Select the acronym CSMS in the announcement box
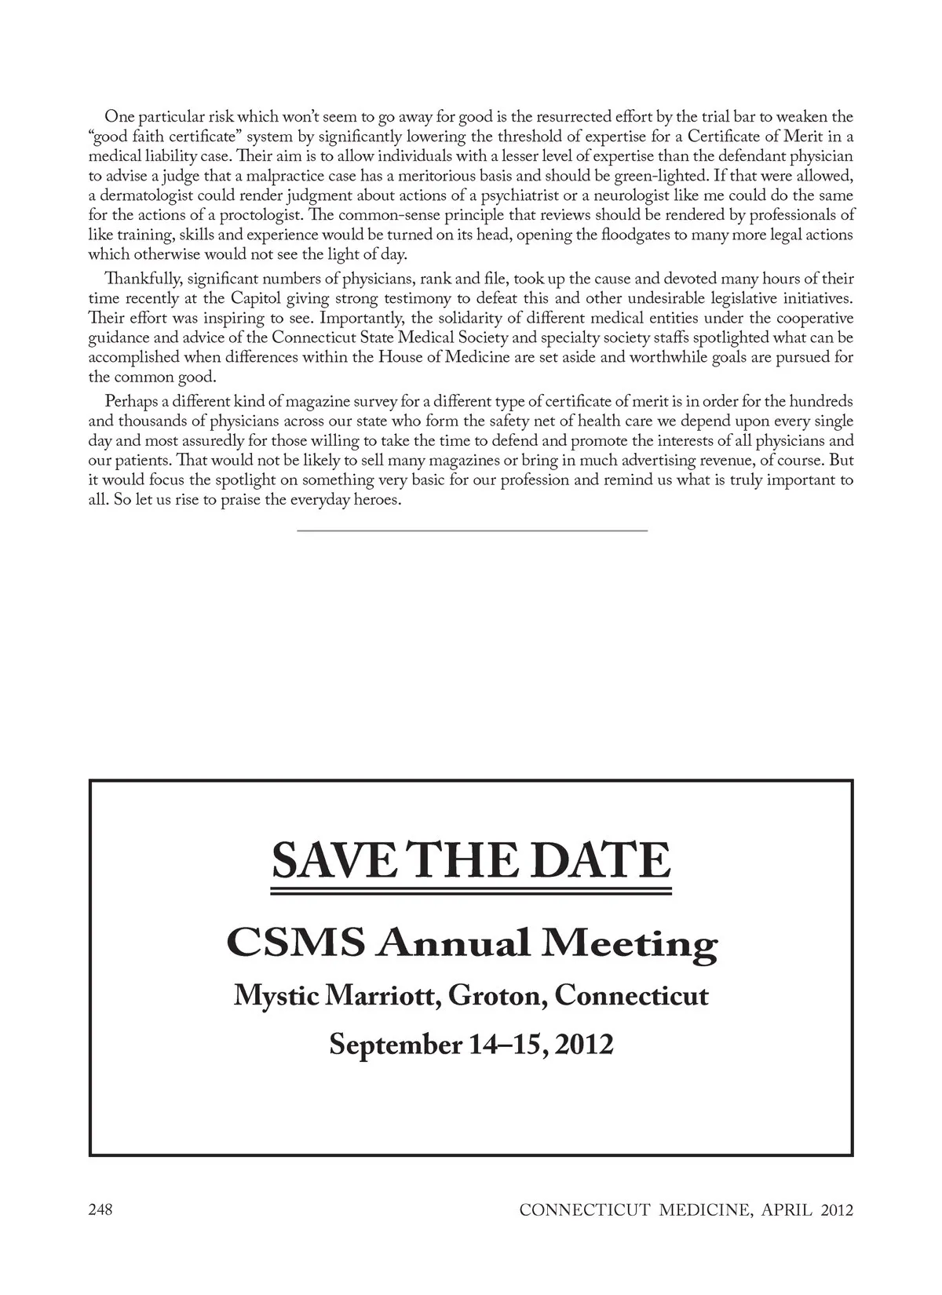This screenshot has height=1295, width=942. (295, 943)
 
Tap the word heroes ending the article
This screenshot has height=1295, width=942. (378, 500)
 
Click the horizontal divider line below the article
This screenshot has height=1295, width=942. (472, 531)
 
